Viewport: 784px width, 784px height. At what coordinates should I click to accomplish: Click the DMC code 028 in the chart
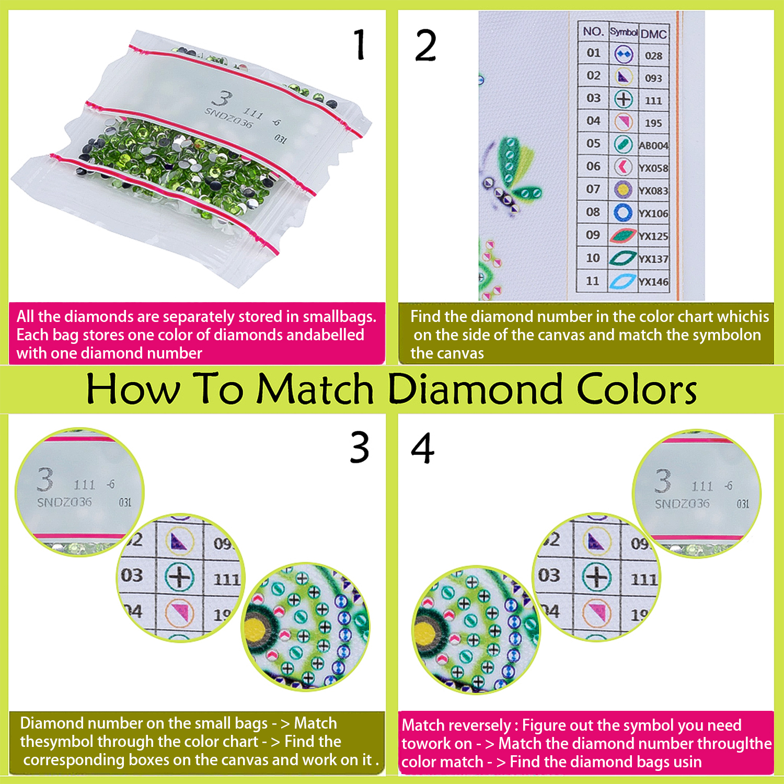653,56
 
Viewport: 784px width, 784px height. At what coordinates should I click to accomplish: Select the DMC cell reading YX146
653,282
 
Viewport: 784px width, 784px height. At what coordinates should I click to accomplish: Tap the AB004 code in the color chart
653,145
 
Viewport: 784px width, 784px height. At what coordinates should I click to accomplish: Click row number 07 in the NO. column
593,189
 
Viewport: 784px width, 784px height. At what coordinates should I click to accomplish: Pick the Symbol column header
624,32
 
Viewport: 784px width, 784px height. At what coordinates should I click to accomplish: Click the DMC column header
654,34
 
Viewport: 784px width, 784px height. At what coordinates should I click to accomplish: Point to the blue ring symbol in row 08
623,212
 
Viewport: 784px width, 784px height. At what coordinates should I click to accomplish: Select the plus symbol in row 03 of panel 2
624,99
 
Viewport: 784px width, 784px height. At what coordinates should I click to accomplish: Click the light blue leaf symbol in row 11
623,281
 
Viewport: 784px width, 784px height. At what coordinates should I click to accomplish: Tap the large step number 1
359,44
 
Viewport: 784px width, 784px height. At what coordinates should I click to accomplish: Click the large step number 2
425,45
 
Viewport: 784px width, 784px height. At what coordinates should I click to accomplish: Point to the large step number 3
360,447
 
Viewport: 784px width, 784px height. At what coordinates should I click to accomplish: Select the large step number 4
422,448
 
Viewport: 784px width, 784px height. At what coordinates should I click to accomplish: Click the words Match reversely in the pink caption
456,725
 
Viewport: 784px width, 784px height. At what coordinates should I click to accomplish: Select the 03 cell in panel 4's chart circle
549,575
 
